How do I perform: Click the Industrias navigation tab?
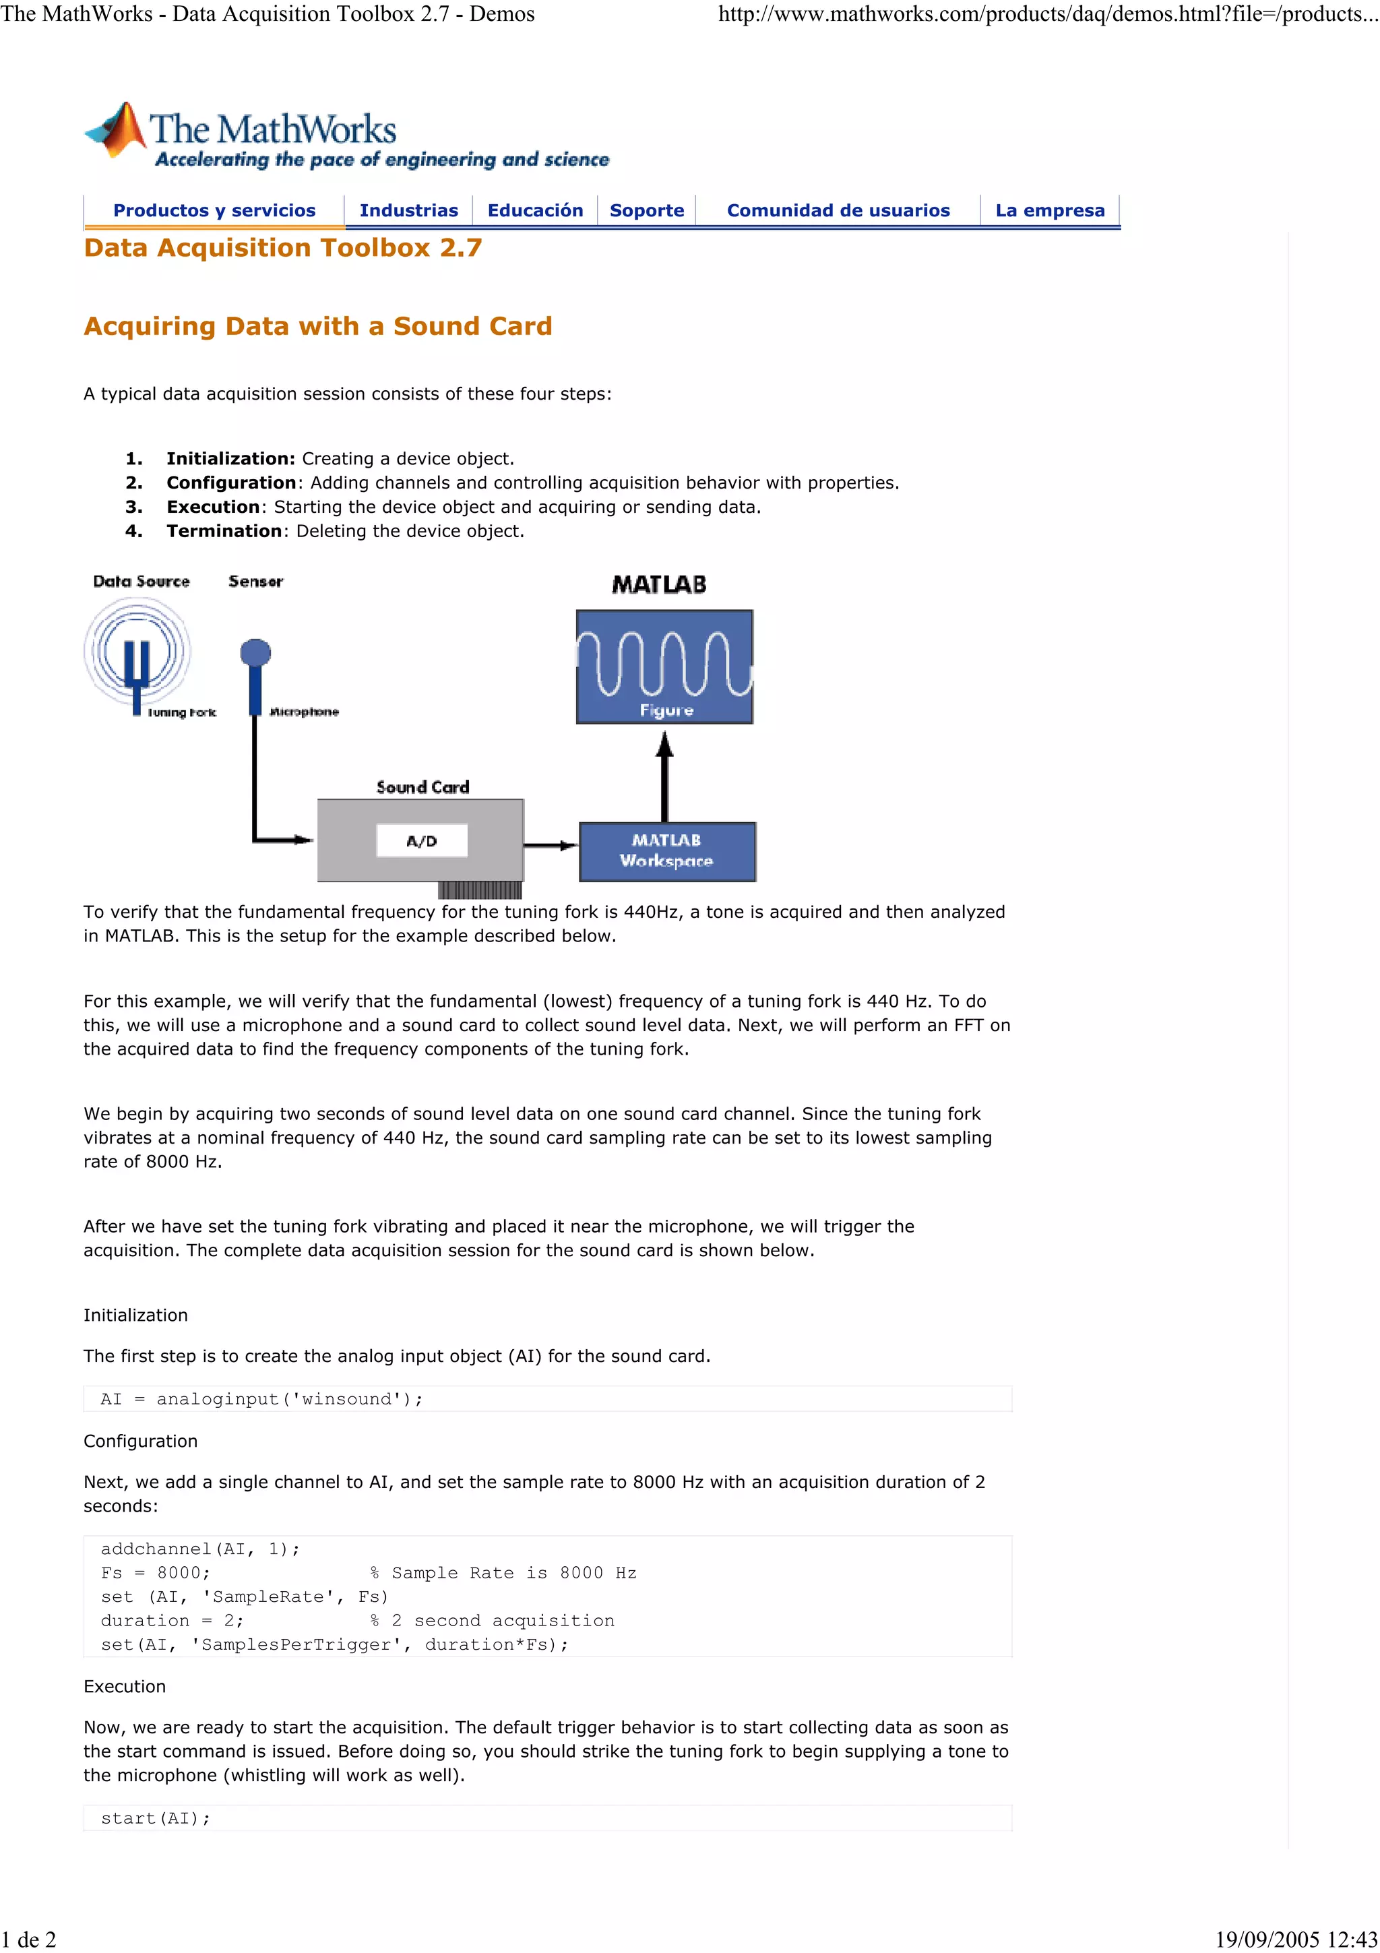point(408,210)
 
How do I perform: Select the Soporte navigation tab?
point(646,210)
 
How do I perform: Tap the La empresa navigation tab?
point(1049,210)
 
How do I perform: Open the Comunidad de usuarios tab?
point(838,210)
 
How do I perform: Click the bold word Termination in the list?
point(224,531)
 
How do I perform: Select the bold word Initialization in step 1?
point(230,458)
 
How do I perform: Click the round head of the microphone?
point(255,653)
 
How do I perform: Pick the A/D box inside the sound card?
point(422,841)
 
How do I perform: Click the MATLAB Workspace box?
point(666,850)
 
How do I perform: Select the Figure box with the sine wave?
point(664,667)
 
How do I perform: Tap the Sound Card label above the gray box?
point(422,787)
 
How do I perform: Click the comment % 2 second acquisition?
point(493,1620)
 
